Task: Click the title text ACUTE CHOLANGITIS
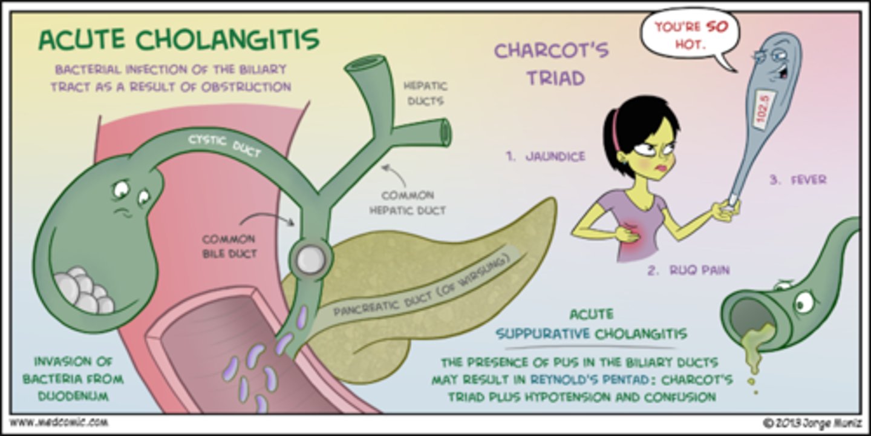tap(178, 41)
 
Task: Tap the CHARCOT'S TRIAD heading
tap(551, 64)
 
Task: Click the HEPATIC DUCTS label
tap(423, 93)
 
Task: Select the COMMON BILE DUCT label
tap(229, 246)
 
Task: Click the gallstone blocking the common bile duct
tap(310, 259)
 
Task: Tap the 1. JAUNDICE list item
tap(546, 156)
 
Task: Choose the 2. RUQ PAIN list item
tap(688, 271)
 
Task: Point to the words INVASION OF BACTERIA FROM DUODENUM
tap(73, 379)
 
